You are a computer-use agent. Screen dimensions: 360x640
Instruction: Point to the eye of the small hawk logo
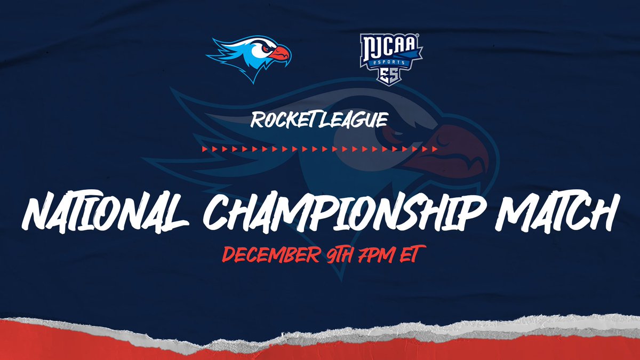pyautogui.click(x=265, y=47)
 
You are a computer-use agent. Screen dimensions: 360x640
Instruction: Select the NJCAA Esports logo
pyautogui.click(x=391, y=58)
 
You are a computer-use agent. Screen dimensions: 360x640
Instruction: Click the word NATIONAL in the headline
pyautogui.click(x=104, y=213)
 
